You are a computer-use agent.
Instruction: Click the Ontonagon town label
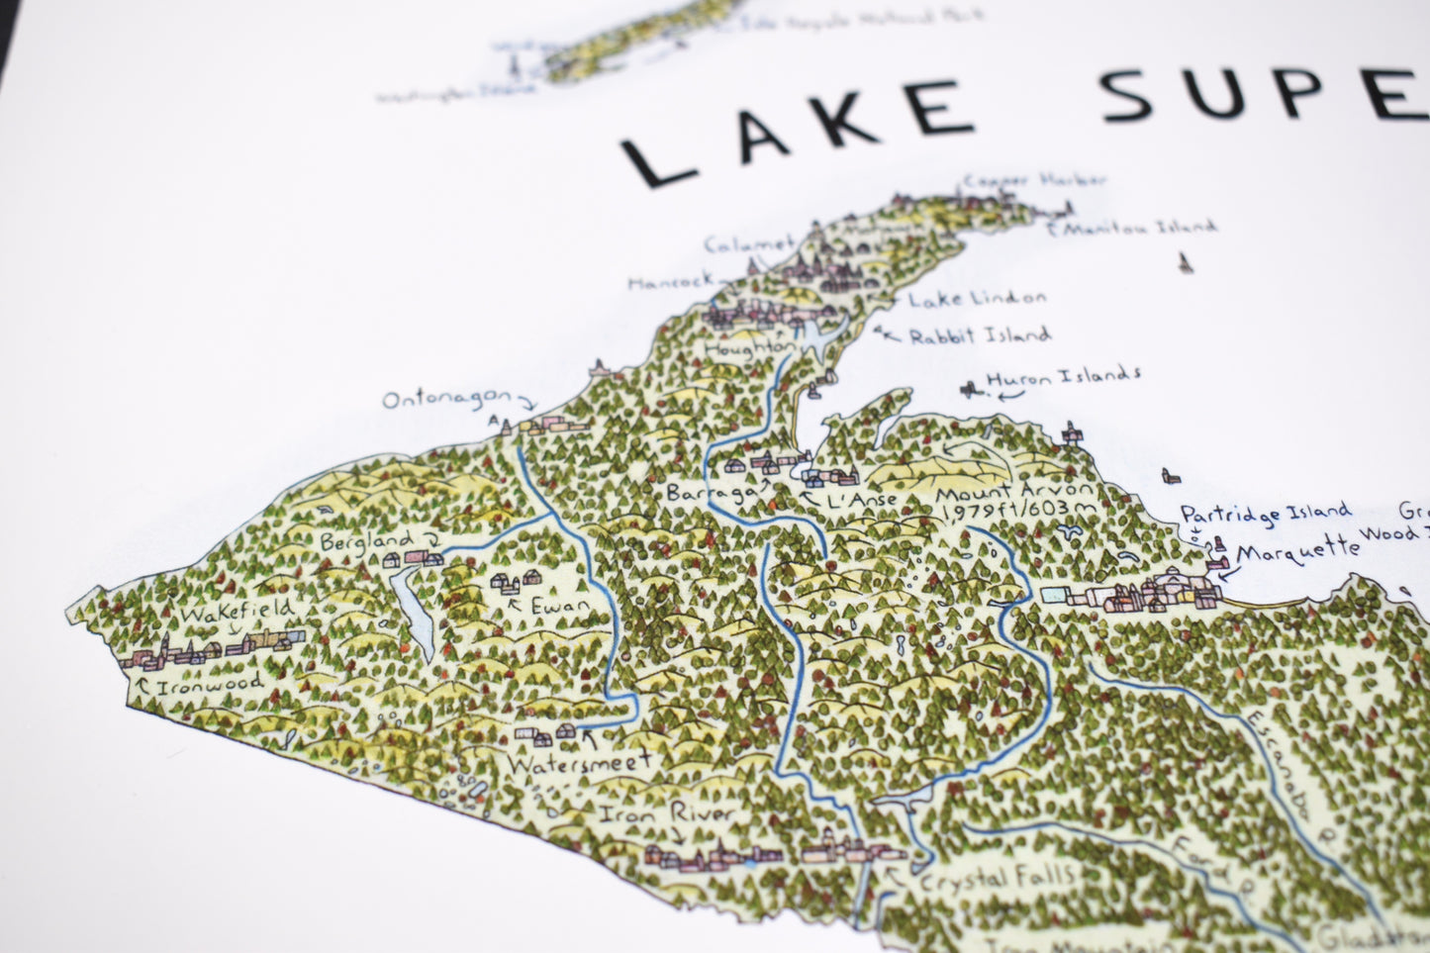[x=446, y=400]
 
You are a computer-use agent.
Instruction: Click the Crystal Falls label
[x=996, y=877]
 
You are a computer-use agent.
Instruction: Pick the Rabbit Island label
[x=979, y=335]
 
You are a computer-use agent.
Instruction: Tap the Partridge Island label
[x=1265, y=514]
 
